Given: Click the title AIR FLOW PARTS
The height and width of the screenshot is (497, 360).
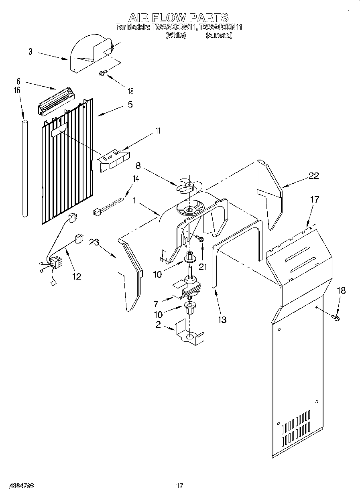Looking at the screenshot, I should coord(178,18).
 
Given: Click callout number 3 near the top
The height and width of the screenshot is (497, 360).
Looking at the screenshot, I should coord(31,52).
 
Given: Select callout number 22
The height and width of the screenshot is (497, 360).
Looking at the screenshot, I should coord(314,175).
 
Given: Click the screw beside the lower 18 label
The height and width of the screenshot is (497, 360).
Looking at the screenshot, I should coord(336,318).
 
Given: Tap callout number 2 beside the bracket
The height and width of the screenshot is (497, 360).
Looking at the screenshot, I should coord(158,325).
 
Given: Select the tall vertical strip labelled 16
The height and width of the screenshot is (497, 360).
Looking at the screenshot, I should coord(25,168).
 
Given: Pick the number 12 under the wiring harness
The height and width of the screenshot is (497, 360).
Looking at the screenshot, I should coord(76,276).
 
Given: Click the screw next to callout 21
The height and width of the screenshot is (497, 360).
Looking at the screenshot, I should coord(201,239).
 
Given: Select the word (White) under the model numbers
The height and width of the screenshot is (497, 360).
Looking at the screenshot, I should coord(176,35).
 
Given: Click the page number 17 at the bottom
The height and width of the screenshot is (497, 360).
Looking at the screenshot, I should coord(179,486).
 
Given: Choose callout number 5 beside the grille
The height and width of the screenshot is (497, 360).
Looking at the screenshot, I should coord(130,104).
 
